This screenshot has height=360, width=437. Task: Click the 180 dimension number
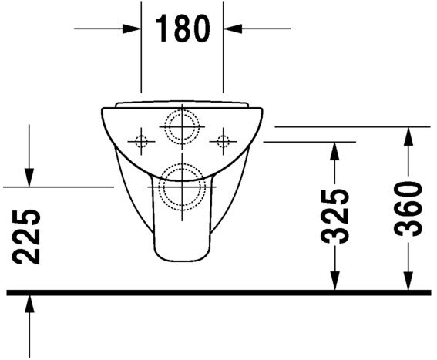[x=183, y=29]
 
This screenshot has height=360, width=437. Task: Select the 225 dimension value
[x=29, y=236]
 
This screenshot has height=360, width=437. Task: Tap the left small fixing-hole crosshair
[x=140, y=141]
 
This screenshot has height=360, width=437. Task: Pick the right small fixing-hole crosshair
[x=224, y=141]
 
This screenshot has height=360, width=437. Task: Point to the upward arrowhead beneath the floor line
[x=29, y=303]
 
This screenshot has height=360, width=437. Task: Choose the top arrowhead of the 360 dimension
[x=409, y=135]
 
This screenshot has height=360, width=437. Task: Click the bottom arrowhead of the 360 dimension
[x=409, y=283]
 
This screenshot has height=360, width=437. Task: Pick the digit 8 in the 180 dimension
[x=183, y=29]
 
